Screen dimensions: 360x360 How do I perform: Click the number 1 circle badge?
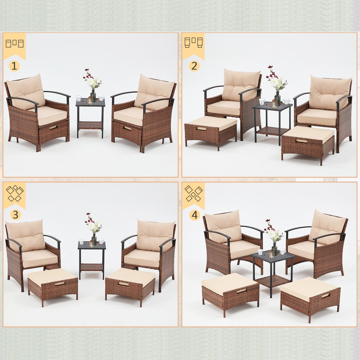click(x=14, y=66)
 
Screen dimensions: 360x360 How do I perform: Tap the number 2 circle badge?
click(x=194, y=66)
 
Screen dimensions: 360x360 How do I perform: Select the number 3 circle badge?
click(x=15, y=214)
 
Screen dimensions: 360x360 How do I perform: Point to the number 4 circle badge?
click(x=194, y=215)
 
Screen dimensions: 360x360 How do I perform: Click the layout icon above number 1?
click(x=14, y=44)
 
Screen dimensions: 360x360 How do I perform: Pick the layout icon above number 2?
click(x=193, y=42)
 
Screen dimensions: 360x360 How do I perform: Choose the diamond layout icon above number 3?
click(x=14, y=194)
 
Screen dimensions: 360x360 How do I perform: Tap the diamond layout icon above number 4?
click(x=194, y=194)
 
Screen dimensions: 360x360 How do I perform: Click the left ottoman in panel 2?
click(x=211, y=132)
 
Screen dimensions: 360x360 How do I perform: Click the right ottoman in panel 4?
click(x=310, y=297)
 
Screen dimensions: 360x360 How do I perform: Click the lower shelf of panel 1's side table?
click(x=90, y=125)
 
